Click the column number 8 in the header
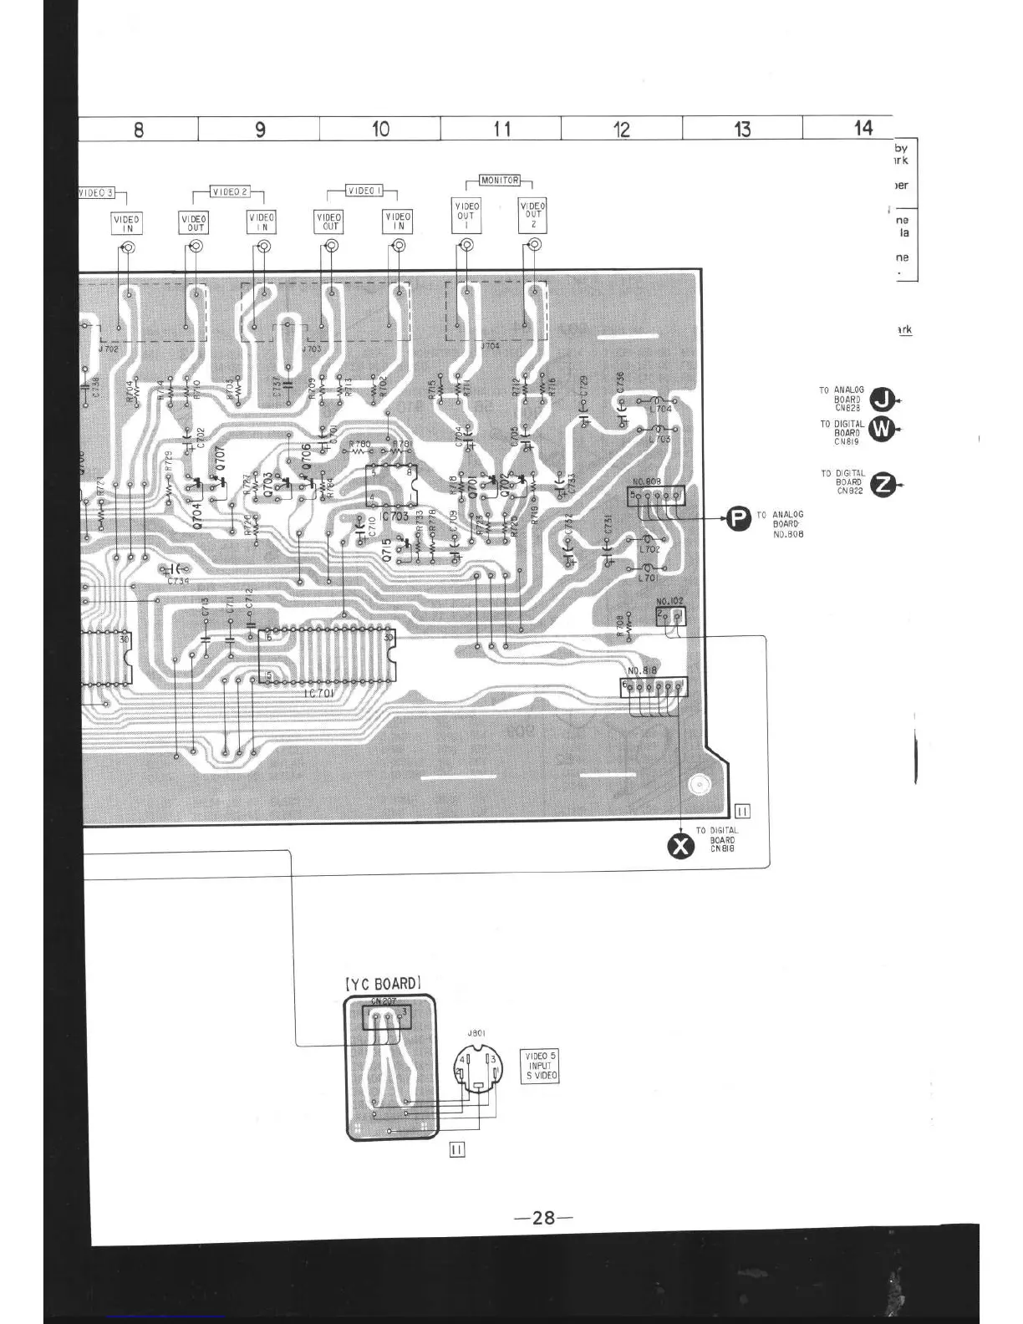[x=139, y=130]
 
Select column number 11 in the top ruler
[x=501, y=129]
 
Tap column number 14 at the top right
[x=863, y=128]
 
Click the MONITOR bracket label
[x=500, y=180]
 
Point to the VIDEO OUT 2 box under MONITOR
[x=532, y=216]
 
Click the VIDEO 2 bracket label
[x=229, y=191]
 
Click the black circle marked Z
[x=883, y=485]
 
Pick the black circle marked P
[x=738, y=519]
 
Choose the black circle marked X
[x=682, y=847]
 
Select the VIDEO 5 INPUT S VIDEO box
[x=539, y=1067]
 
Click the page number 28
[x=543, y=1218]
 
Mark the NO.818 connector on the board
[x=654, y=687]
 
